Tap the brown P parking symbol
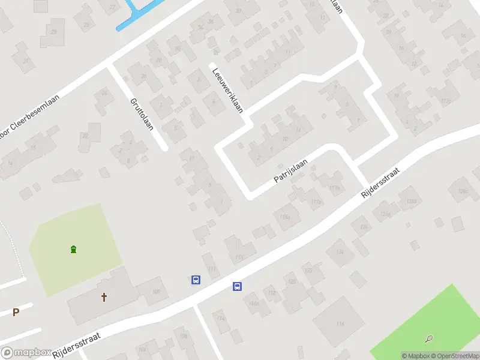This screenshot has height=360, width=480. (16, 311)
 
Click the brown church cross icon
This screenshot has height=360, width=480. (104, 297)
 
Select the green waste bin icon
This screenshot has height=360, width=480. (73, 250)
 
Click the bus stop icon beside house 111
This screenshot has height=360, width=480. (196, 280)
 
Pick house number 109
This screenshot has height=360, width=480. (156, 292)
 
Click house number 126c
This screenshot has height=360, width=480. (462, 191)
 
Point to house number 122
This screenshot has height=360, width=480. (309, 271)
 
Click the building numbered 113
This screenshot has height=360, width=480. (239, 257)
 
